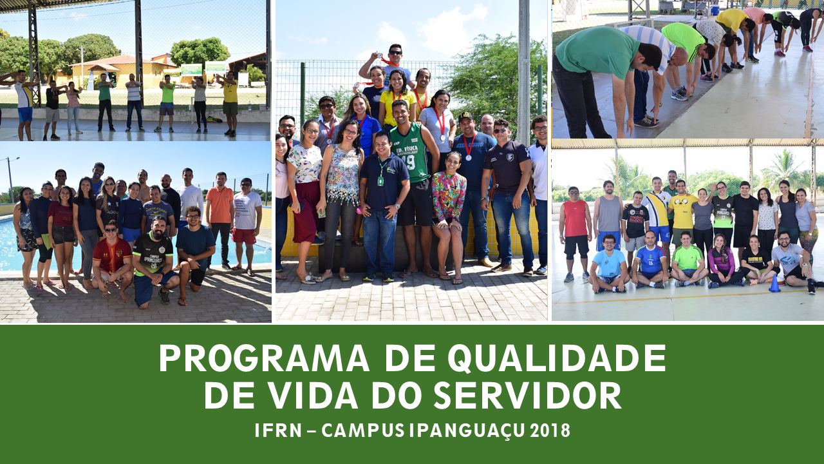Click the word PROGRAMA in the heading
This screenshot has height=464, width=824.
[x=263, y=358]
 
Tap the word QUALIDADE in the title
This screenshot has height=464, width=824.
[x=557, y=358]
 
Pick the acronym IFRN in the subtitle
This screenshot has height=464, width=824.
[x=278, y=430]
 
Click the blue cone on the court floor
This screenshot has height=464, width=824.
[x=774, y=284]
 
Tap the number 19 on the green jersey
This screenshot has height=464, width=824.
[x=409, y=161]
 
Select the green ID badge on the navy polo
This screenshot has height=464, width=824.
[x=380, y=181]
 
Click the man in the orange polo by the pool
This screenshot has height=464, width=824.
[x=220, y=220]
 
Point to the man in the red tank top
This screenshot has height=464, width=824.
[x=575, y=234]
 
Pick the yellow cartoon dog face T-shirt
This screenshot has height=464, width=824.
[x=683, y=212]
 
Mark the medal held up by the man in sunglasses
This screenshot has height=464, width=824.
[x=379, y=55]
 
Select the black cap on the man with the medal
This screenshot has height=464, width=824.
[x=466, y=117]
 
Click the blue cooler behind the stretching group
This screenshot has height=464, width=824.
[x=715, y=10]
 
